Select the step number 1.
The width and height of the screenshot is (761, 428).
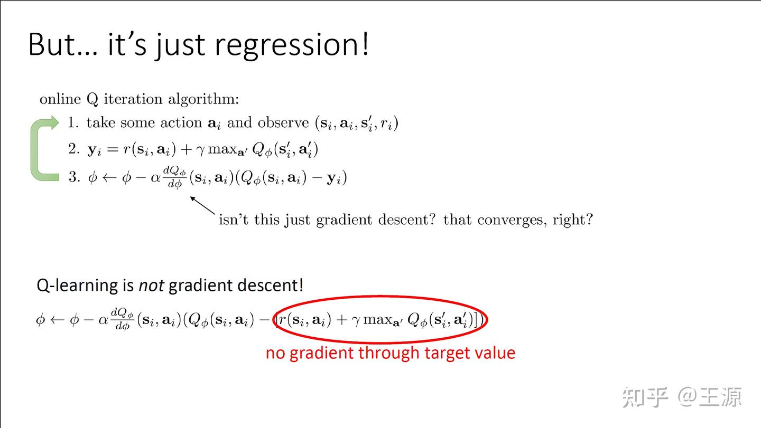tap(73, 123)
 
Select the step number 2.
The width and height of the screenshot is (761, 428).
tap(73, 149)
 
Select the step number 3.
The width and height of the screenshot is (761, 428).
tap(73, 177)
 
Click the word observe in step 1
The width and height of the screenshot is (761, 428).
tap(283, 123)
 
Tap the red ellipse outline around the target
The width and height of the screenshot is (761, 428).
tap(380, 297)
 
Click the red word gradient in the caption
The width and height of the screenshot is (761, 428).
tap(323, 353)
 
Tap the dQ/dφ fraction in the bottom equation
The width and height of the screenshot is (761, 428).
tap(122, 320)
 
